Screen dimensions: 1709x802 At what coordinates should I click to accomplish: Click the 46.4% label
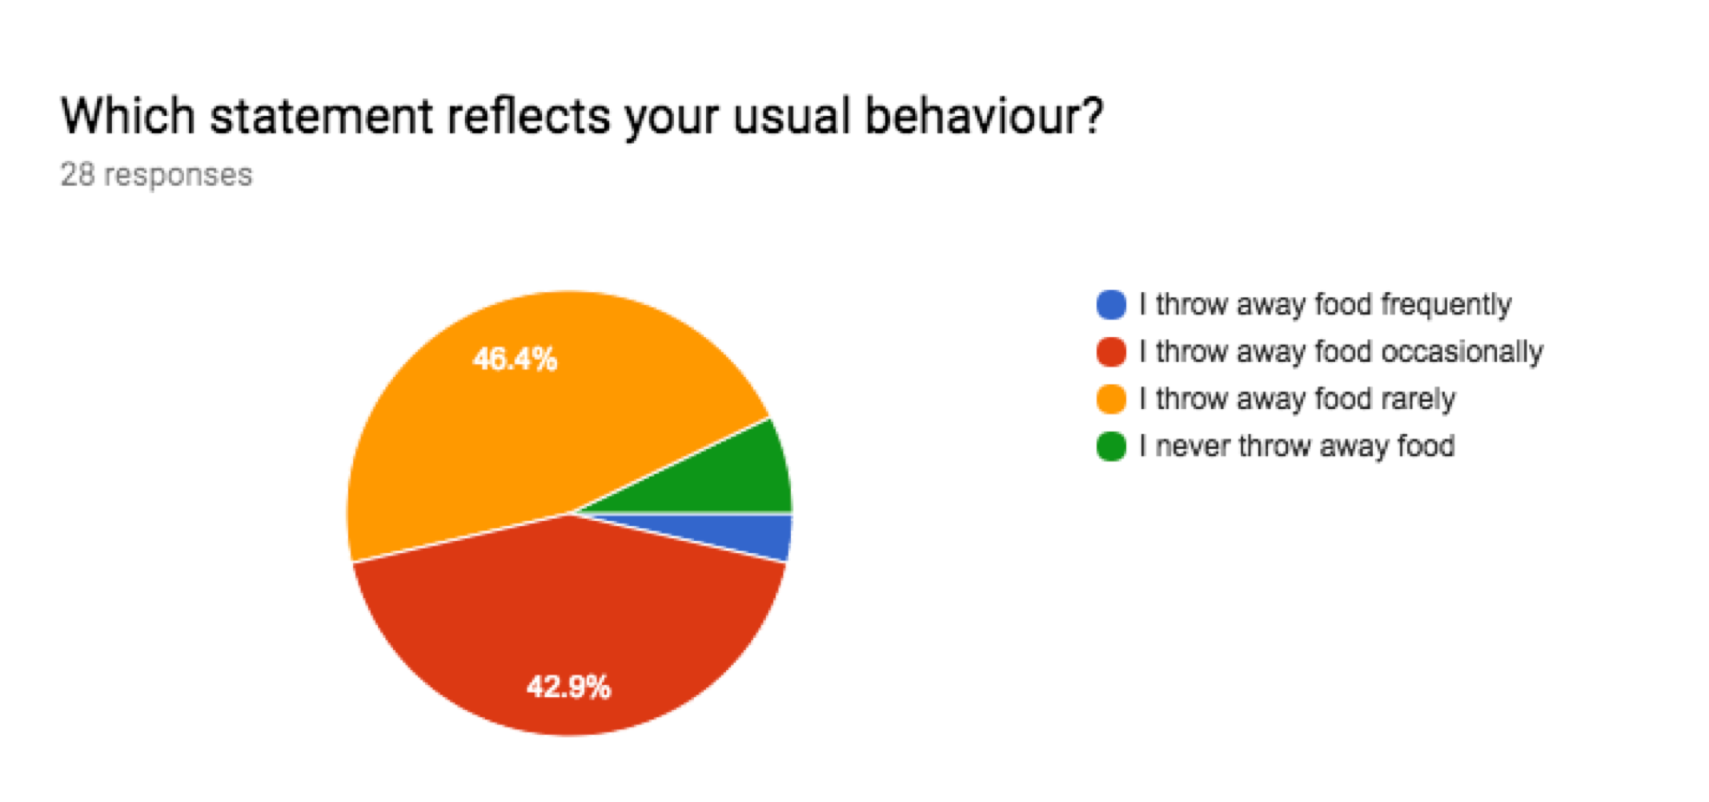point(515,359)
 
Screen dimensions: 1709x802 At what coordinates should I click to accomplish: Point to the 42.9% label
point(568,687)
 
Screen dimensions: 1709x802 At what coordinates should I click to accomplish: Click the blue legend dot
point(1111,304)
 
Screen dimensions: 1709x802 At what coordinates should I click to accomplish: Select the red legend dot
point(1111,351)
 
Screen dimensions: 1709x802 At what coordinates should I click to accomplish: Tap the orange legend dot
point(1111,399)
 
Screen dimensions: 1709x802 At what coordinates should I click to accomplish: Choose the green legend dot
point(1111,446)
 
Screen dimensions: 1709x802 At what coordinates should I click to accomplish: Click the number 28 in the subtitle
point(78,174)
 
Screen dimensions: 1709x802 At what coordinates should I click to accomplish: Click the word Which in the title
point(128,115)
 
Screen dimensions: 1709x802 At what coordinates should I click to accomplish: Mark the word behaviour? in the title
point(985,115)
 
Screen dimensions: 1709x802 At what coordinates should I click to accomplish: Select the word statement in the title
point(322,117)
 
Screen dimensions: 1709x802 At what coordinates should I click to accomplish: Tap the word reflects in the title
point(529,115)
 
